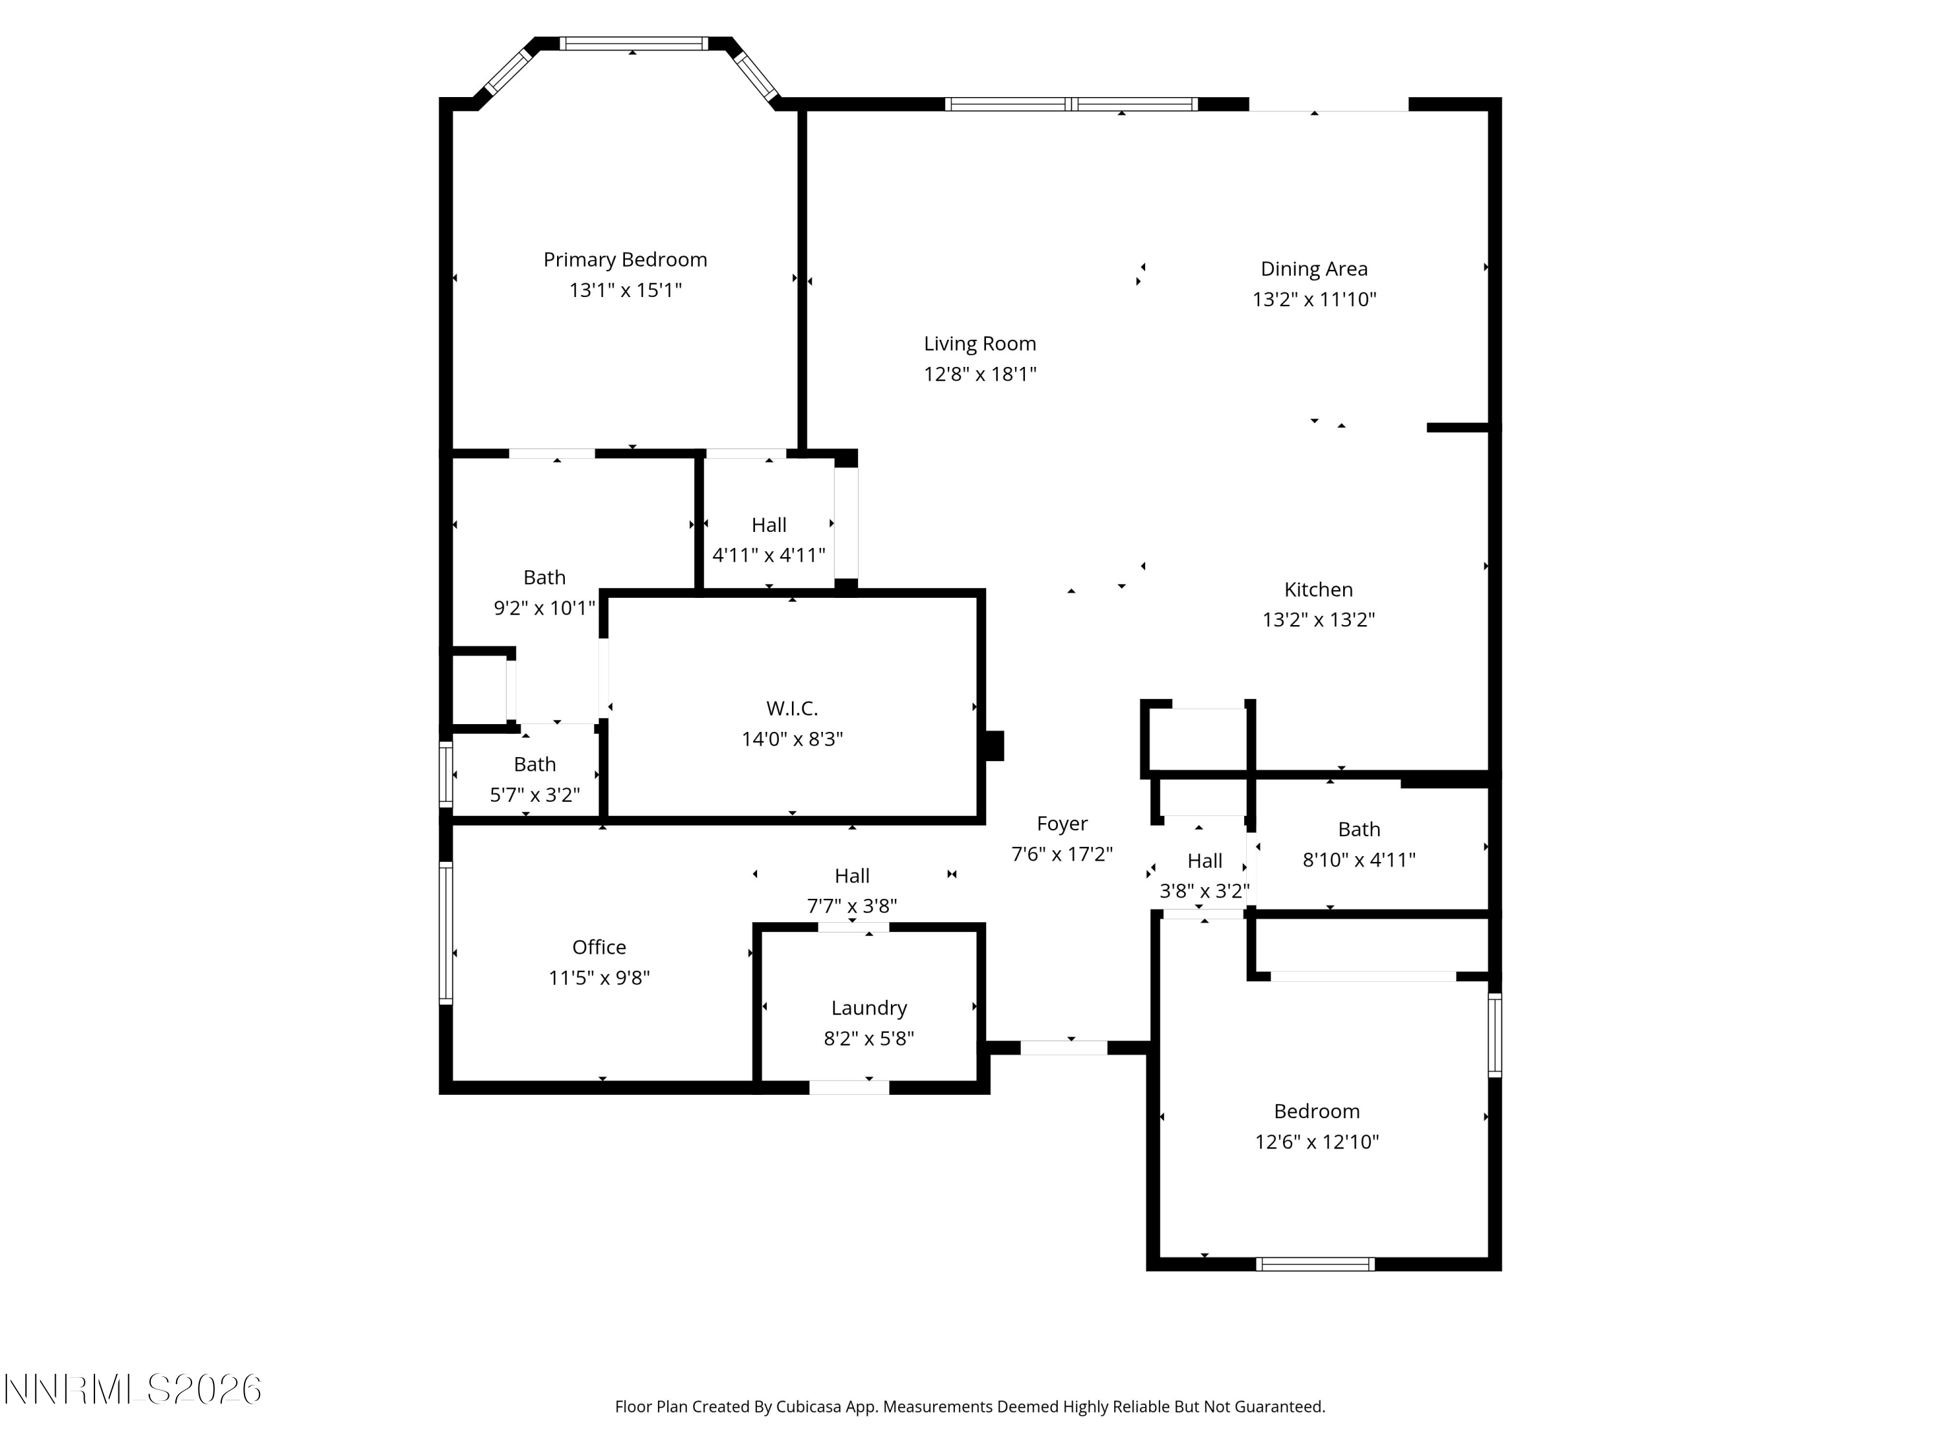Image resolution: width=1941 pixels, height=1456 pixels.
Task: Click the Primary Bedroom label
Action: [x=625, y=259]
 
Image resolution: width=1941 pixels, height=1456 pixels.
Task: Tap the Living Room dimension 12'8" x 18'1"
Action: [x=980, y=374]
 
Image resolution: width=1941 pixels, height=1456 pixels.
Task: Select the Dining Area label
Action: [x=1313, y=269]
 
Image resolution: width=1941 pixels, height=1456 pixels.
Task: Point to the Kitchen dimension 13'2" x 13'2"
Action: [x=1318, y=620]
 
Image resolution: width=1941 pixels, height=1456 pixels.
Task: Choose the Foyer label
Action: [x=1062, y=824]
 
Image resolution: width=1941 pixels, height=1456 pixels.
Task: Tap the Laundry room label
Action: [x=869, y=1008]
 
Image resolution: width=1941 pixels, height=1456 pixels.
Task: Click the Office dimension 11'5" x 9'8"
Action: [x=599, y=978]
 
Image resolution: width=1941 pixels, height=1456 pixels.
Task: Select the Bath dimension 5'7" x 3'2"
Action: [x=534, y=795]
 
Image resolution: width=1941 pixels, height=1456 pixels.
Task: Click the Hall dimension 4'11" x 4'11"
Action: [x=769, y=555]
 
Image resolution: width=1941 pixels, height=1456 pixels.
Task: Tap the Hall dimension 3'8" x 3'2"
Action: [x=1205, y=892]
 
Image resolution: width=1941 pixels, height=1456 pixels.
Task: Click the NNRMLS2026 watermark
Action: [x=133, y=1389]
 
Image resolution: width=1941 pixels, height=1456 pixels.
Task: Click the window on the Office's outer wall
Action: [x=446, y=934]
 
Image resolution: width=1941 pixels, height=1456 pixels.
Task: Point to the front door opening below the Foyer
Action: [x=1064, y=1047]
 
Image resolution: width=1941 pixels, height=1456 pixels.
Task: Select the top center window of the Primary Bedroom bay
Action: [x=633, y=43]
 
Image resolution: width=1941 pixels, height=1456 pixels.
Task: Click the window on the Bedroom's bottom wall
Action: [x=1315, y=1264]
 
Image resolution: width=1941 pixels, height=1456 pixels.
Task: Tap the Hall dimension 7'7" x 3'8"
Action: [x=852, y=907]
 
